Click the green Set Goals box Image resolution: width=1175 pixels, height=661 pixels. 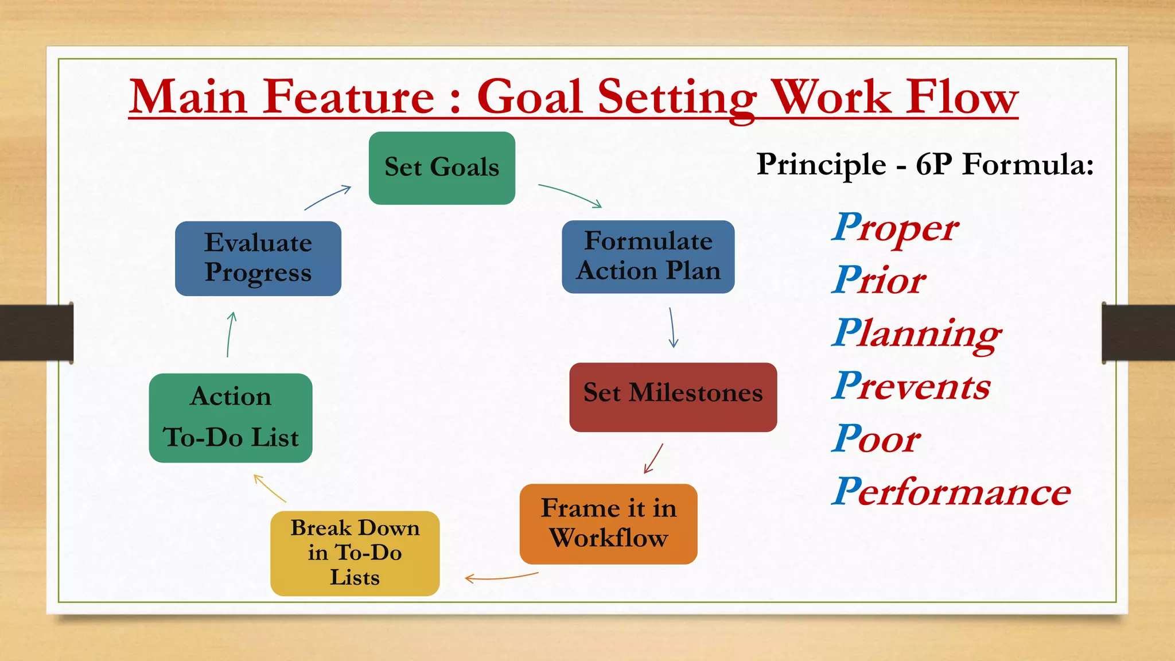(442, 168)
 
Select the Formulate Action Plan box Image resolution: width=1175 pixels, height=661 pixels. (648, 256)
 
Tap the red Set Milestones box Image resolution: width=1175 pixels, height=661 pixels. (672, 397)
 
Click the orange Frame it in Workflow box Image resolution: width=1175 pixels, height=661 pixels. (608, 523)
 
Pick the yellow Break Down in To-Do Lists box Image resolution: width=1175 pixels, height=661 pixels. (355, 553)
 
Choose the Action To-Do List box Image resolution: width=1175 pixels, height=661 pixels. (231, 418)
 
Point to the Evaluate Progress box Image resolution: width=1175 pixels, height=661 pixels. (258, 258)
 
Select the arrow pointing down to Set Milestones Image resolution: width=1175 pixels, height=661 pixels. (672, 328)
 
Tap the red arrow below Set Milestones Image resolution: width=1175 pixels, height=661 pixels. (653, 458)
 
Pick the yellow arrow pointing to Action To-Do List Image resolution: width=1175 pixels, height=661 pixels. (269, 488)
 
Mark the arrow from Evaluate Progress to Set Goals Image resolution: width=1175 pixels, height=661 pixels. (328, 197)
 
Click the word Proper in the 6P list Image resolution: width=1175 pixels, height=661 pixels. (894, 228)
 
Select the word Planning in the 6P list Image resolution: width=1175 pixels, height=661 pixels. (916, 334)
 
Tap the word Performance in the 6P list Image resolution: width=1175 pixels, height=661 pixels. (951, 492)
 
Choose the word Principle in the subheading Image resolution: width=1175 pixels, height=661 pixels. (821, 165)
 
